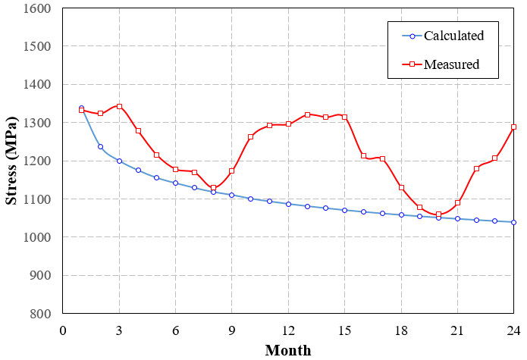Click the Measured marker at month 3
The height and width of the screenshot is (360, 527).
coord(119,106)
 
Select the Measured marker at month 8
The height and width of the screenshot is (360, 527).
coord(213,188)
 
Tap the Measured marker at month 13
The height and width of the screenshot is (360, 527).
coord(307,114)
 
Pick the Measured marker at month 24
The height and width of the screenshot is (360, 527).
coord(514,127)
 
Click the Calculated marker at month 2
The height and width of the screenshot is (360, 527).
coord(100,146)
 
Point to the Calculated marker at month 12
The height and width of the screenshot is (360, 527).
coord(288,204)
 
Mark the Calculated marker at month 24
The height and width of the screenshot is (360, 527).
coord(514,222)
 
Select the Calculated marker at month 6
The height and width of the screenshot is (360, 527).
coord(175,183)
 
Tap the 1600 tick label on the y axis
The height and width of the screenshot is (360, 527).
coord(36,9)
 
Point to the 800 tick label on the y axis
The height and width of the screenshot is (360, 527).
coord(39,314)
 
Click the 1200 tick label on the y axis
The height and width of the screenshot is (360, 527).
coord(36,161)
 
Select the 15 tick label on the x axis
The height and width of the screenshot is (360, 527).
coord(344,330)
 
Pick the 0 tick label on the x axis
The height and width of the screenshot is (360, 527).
coord(63,330)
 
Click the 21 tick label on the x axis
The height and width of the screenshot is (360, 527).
coord(457,330)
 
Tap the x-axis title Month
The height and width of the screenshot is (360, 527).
coord(288,350)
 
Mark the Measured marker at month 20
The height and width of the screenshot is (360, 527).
coord(438,214)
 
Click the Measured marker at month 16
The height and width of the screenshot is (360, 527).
coord(363,155)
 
